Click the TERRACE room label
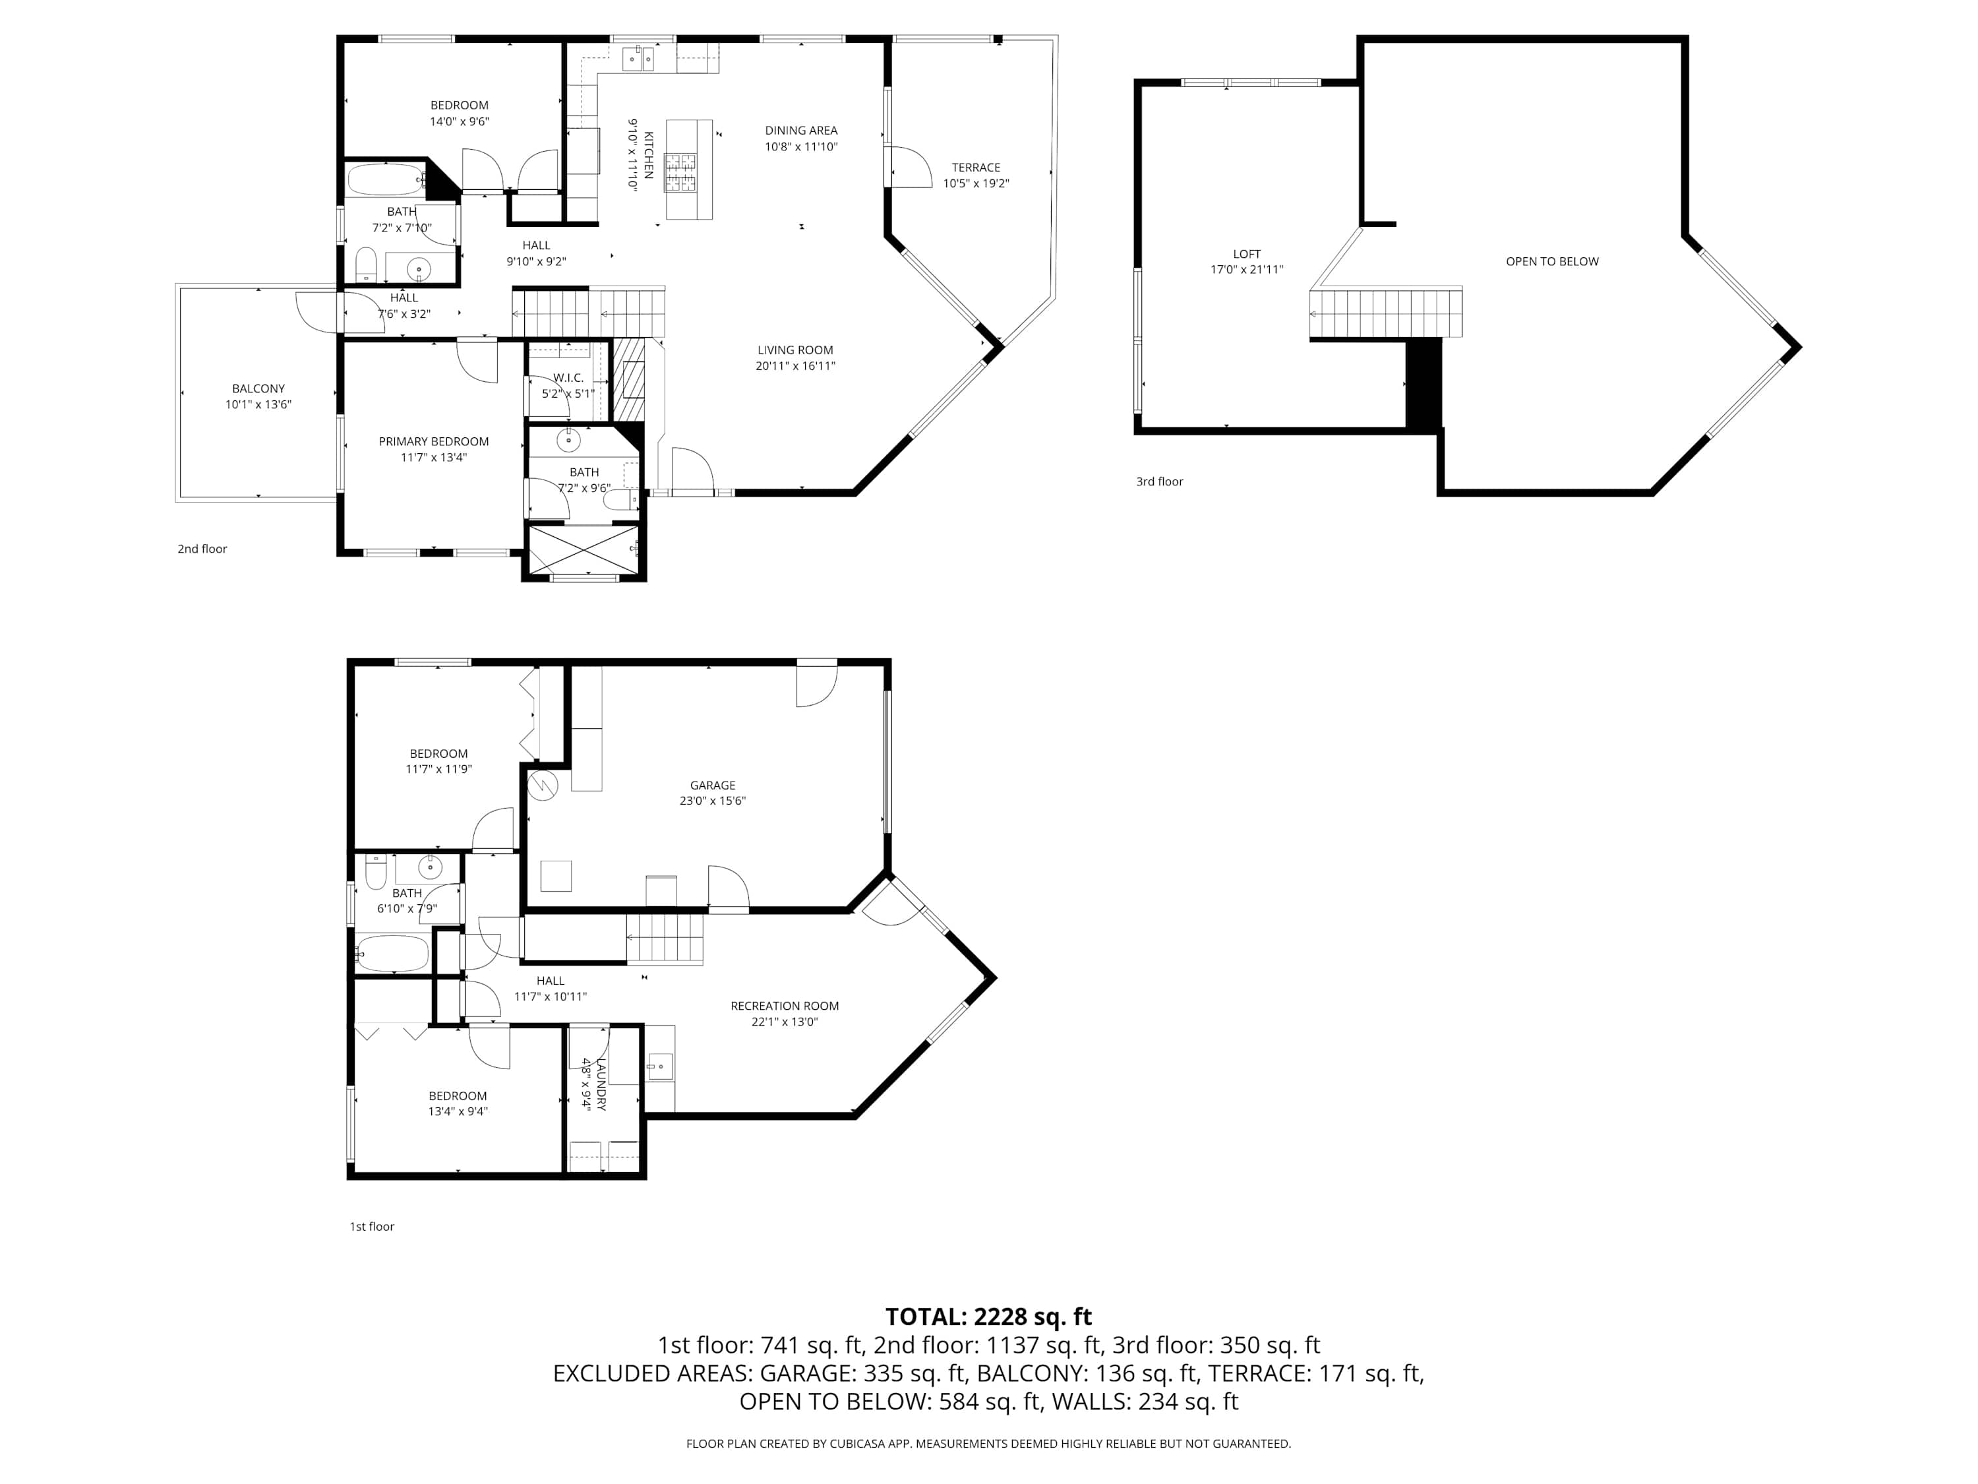[976, 168]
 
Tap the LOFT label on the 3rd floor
[1247, 254]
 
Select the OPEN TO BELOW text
[1551, 261]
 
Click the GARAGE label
[713, 786]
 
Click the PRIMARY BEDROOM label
[434, 441]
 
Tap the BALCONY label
[258, 388]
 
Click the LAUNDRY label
[601, 1084]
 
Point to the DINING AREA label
[801, 131]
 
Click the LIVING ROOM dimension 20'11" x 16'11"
[796, 366]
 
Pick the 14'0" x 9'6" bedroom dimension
[460, 121]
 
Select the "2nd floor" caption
[202, 549]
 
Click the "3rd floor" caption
[1160, 481]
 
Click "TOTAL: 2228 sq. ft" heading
[988, 1316]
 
